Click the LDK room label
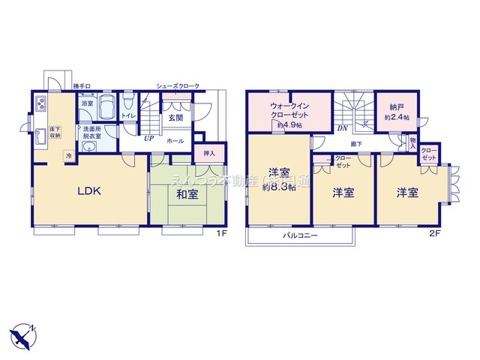click(90, 190)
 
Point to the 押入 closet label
click(209, 153)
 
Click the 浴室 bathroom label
click(88, 103)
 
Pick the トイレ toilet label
click(128, 116)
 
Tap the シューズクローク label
click(178, 86)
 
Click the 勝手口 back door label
click(82, 86)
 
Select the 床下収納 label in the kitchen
click(55, 133)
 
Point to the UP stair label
click(148, 139)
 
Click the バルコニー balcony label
click(301, 235)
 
